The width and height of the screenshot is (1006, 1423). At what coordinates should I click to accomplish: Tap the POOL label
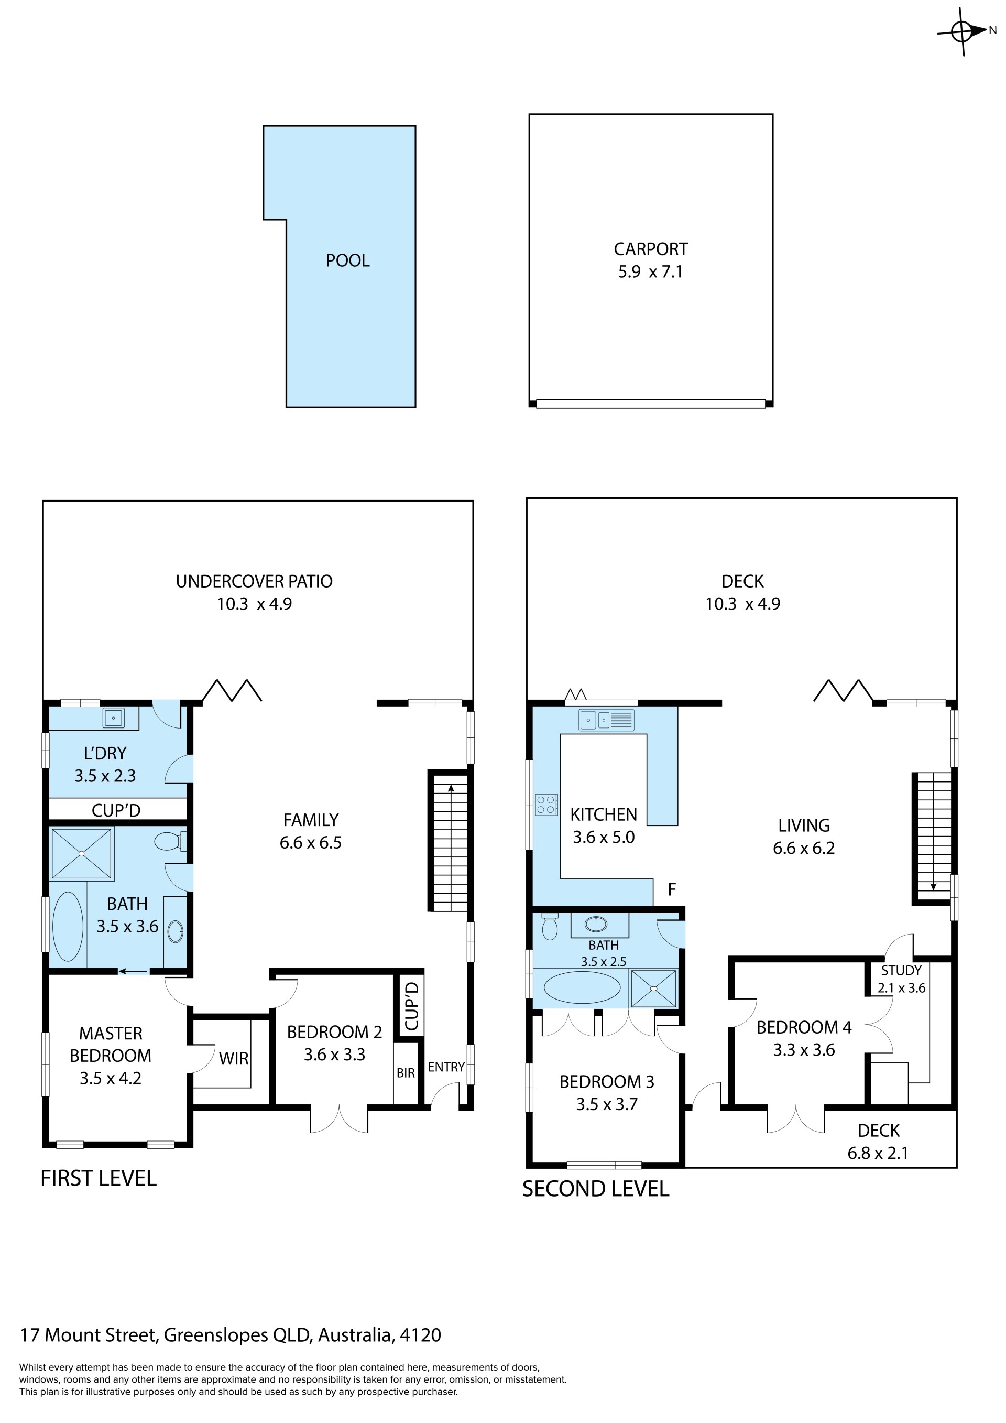click(x=347, y=260)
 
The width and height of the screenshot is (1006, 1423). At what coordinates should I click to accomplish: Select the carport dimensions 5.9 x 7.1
click(x=650, y=272)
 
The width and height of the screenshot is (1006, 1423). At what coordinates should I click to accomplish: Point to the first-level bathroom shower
click(x=82, y=853)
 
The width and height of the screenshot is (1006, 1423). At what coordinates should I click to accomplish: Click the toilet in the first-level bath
click(x=169, y=841)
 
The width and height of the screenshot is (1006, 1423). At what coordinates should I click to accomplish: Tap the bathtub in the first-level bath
click(x=68, y=927)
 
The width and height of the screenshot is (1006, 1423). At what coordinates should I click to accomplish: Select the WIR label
click(x=234, y=1059)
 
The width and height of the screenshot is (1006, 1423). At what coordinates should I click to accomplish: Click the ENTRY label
click(x=446, y=1067)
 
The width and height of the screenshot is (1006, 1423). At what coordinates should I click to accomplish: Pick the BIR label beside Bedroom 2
click(x=406, y=1073)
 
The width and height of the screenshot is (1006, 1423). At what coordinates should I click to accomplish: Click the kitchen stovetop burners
click(x=546, y=805)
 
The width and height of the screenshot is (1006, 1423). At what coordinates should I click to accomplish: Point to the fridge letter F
click(x=672, y=889)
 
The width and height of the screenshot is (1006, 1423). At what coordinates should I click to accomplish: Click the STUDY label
click(x=901, y=971)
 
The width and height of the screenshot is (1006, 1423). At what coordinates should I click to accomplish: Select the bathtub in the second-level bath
click(x=582, y=987)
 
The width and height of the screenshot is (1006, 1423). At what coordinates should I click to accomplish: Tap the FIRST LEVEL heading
click(x=99, y=1178)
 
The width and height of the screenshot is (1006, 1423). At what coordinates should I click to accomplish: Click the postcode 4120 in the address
click(x=421, y=1334)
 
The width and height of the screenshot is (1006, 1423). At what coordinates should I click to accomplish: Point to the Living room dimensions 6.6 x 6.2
click(x=803, y=848)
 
